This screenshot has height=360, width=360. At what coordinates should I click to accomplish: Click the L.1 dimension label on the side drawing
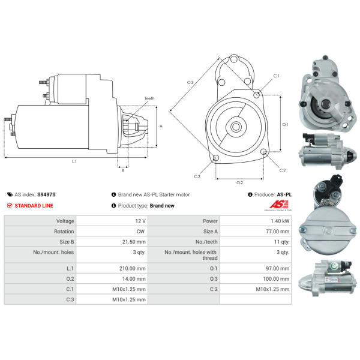74,161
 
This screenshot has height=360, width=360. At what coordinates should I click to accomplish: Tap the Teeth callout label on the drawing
149,98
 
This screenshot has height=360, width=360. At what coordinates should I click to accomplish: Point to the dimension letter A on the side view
160,127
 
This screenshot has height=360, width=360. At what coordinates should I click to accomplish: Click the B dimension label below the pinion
122,170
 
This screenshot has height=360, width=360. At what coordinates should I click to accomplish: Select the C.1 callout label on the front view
276,76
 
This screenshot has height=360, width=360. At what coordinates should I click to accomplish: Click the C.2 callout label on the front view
283,170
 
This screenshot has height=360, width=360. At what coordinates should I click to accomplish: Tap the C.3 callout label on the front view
197,176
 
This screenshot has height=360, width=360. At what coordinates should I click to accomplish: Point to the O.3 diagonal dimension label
190,82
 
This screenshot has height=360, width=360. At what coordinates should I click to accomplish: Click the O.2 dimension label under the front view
239,182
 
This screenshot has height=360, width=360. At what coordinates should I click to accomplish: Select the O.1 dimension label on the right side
286,125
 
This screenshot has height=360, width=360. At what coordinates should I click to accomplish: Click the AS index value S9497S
46,195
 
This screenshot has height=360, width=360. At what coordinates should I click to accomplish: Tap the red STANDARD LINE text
34,206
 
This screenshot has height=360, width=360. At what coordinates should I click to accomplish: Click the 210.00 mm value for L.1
134,269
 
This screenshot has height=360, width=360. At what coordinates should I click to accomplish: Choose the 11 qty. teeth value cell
281,242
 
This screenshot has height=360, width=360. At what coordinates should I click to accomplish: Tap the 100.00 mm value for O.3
277,279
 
